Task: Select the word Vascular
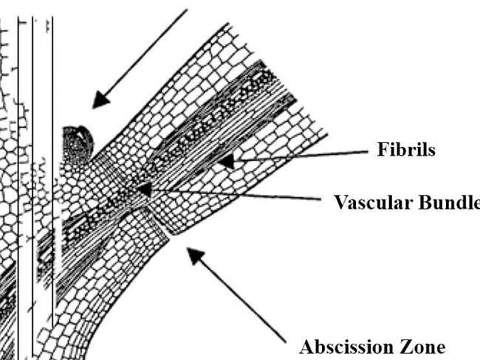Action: click(x=368, y=202)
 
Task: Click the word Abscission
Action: click(x=346, y=346)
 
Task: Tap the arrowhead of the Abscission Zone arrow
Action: click(x=191, y=254)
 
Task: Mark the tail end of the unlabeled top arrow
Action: click(x=188, y=11)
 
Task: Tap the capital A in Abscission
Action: click(x=306, y=346)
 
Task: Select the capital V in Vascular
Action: click(x=338, y=202)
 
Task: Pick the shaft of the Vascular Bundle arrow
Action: click(x=236, y=195)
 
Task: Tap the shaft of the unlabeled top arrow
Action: click(x=144, y=55)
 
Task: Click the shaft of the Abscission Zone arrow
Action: click(x=240, y=299)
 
